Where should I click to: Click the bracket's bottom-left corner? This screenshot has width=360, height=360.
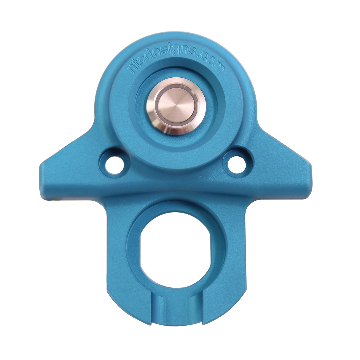pyautogui.click(x=110, y=300)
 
